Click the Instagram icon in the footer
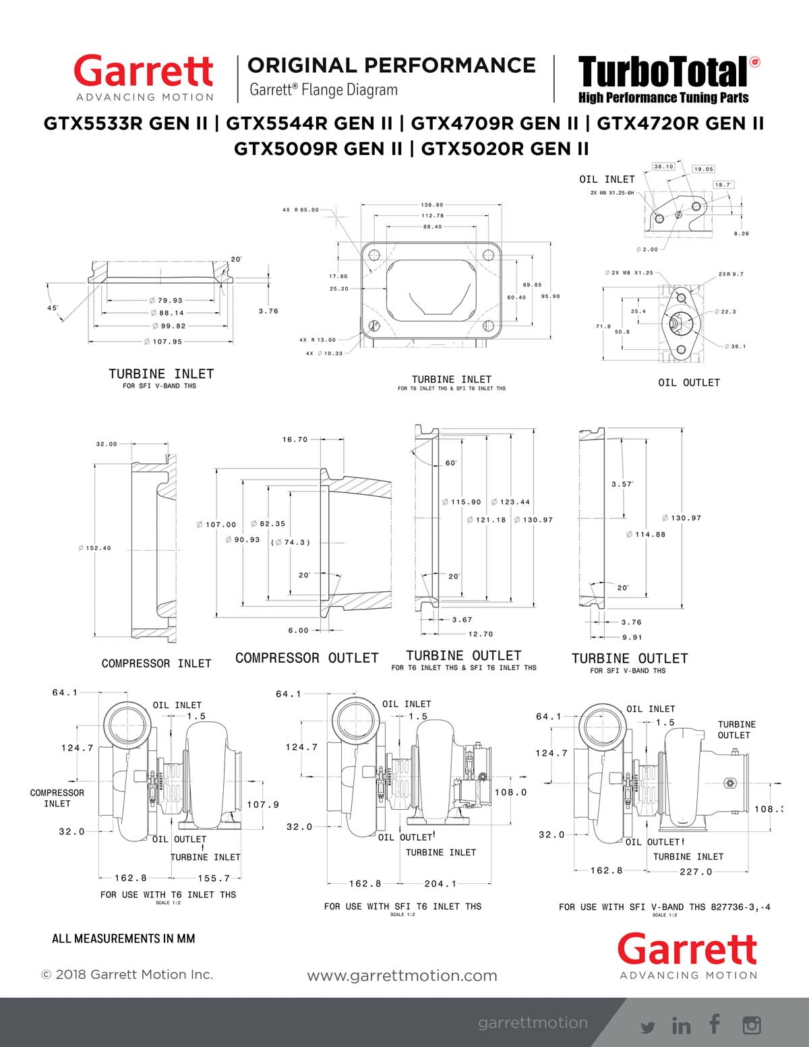click(x=752, y=1025)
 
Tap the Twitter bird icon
click(x=648, y=1027)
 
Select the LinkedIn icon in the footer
click(x=682, y=1025)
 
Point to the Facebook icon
click(x=715, y=1024)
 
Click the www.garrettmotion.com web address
click(x=402, y=976)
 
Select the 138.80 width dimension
click(x=432, y=205)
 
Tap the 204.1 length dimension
click(x=440, y=883)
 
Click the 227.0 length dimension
click(x=696, y=872)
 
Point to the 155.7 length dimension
click(x=214, y=878)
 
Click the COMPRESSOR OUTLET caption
click(x=307, y=658)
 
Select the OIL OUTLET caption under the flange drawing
click(x=689, y=382)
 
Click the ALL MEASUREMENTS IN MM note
click(x=123, y=938)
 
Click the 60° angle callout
click(x=451, y=463)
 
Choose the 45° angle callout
click(x=53, y=307)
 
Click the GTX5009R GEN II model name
click(x=318, y=148)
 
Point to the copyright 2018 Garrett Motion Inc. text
click(x=127, y=974)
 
